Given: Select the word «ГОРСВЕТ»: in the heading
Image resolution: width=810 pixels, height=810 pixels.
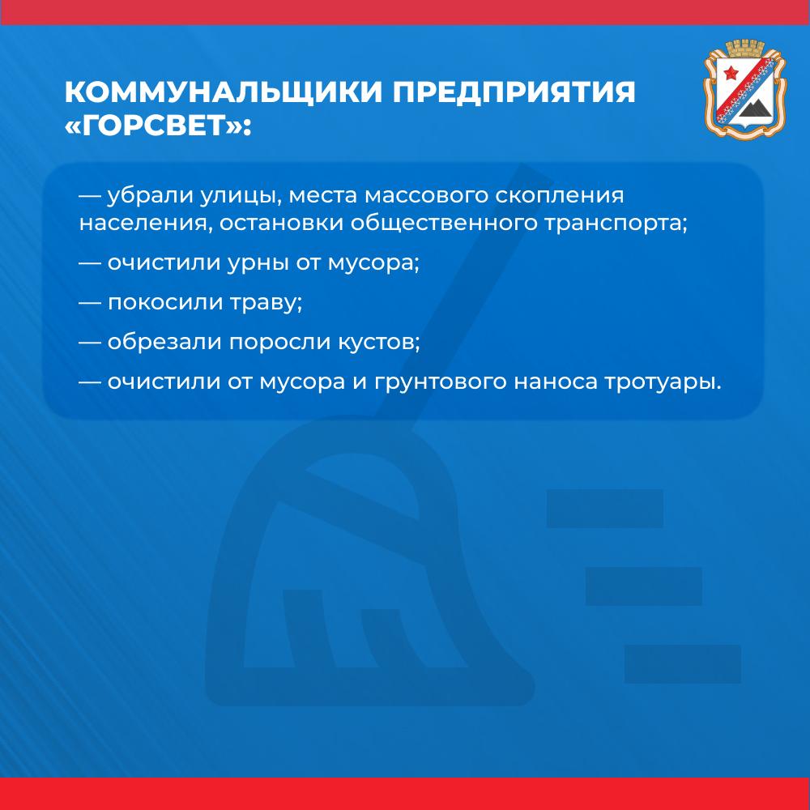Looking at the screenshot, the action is [158, 126].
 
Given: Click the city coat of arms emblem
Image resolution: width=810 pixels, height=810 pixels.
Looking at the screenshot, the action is [745, 89].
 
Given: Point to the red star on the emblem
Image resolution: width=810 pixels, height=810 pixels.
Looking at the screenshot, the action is [731, 74].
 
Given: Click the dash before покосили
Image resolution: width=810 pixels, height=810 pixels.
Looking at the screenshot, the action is [90, 303].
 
